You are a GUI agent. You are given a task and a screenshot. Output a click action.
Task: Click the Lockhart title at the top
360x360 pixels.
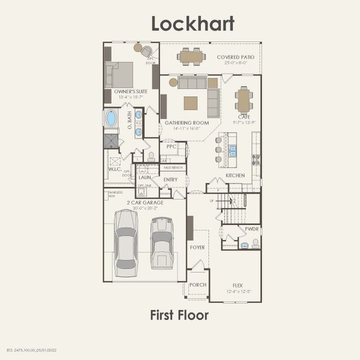pos(192,23)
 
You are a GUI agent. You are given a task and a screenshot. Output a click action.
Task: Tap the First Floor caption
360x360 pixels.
pos(179,315)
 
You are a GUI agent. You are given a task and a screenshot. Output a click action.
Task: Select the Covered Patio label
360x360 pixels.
pos(235,57)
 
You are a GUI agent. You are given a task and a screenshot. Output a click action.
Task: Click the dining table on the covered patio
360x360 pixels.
pos(191,56)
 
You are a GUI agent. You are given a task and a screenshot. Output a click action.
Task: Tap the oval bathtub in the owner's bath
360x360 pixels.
pos(111,118)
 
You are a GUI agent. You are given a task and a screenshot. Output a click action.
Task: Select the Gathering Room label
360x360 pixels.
pos(187,122)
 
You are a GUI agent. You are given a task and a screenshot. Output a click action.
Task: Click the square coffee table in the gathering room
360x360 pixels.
pos(190,103)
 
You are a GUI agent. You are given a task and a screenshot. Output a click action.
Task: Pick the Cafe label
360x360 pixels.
pos(244,117)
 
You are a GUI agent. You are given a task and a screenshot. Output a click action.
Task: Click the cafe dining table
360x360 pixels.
pos(243,100)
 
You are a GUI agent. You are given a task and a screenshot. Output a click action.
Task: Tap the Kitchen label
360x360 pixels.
pos(235,175)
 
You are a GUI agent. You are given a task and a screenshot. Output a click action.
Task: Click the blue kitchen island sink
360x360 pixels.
pos(232,151)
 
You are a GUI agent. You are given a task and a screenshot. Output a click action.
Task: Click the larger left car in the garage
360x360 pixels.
pos(126,243)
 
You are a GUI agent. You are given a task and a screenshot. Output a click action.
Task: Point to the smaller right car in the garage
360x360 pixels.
pos(161,243)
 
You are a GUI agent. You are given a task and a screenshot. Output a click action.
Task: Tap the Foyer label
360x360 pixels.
pos(197,247)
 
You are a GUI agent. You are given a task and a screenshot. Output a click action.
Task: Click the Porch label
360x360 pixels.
pos(197,285)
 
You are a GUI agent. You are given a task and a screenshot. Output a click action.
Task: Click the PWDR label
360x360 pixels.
pos(251,229)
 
